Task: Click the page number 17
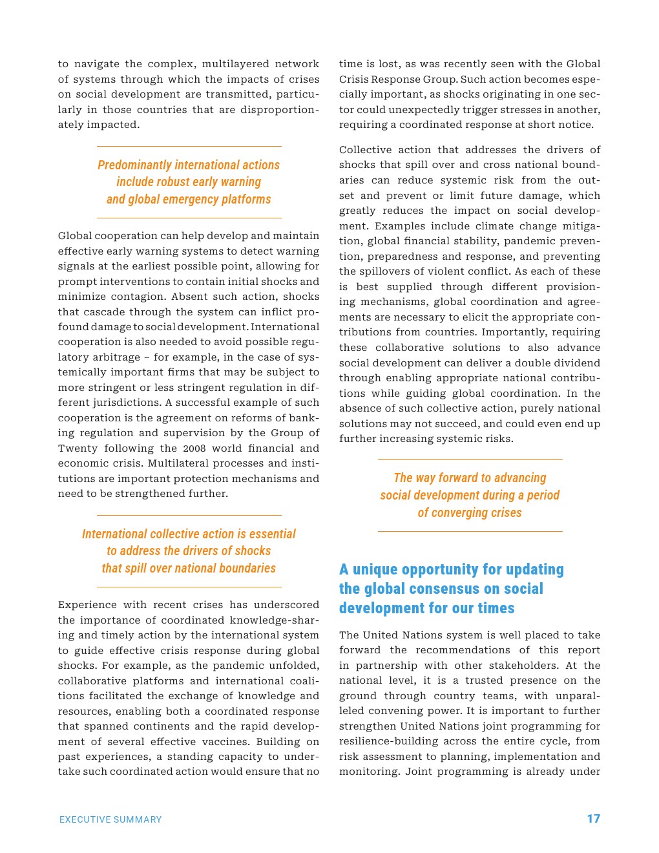tap(593, 819)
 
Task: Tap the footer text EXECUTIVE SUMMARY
tap(110, 819)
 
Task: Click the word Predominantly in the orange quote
tap(134, 165)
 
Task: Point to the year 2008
tap(194, 448)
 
